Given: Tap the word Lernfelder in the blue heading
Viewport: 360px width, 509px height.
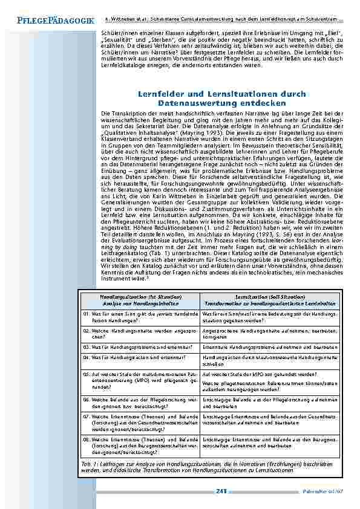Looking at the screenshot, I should [160, 95].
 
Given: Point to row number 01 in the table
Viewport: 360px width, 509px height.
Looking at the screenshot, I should [87, 314].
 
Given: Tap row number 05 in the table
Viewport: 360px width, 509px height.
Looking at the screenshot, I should [87, 374].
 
